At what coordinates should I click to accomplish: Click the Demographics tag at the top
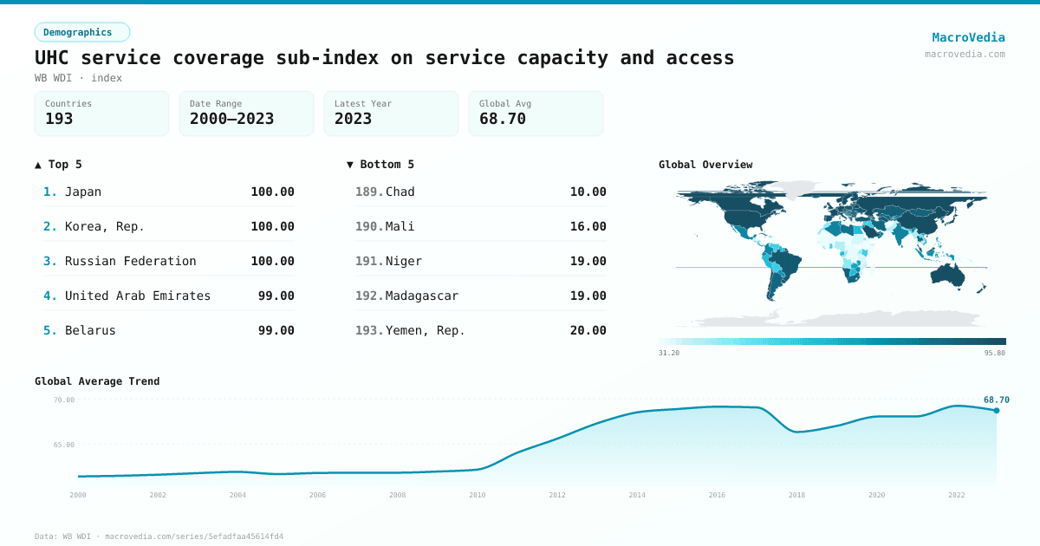pos(81,32)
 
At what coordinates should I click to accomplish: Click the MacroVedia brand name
pos(968,37)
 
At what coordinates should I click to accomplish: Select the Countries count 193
pos(59,119)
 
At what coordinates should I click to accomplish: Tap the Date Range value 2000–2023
pos(231,119)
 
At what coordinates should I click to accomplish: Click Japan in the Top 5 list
pos(83,192)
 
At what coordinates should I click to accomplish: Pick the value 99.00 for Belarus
pos(276,330)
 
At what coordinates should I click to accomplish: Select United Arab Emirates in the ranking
pos(138,296)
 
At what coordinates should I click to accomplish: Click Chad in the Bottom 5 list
pos(400,192)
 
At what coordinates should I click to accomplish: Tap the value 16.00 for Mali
pos(588,226)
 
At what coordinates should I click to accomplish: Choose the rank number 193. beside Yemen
pos(369,330)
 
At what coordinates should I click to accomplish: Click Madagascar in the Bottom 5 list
pos(422,296)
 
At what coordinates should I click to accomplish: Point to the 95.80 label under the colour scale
pos(995,353)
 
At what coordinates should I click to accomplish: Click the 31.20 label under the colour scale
pos(669,353)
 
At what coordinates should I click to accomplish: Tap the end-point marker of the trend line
pos(997,410)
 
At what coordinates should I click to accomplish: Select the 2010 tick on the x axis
pos(478,495)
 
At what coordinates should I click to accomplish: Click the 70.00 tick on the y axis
pos(64,400)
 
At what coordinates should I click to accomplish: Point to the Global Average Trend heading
pos(97,381)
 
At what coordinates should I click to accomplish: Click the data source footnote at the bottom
pos(159,536)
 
